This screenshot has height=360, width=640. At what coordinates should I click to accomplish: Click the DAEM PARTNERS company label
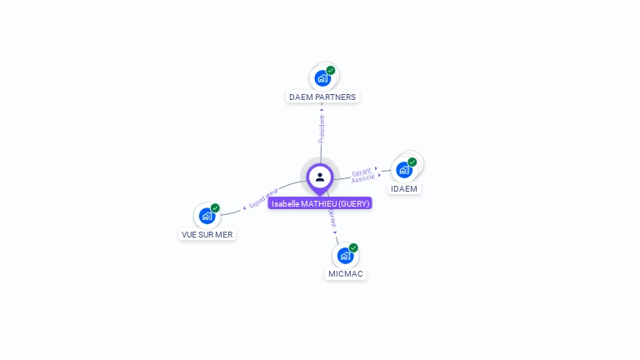point(322,97)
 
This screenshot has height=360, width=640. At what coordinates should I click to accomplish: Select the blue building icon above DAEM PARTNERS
point(322,79)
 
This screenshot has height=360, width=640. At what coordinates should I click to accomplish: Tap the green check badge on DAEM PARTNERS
point(331,71)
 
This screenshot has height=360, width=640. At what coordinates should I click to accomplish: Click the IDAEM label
point(404,188)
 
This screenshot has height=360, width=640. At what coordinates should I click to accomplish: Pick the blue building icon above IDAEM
point(404,170)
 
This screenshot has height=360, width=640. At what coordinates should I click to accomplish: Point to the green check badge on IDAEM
point(412,162)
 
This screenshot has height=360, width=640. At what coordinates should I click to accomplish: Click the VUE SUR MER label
point(207,234)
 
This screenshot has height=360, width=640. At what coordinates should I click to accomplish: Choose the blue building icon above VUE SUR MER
point(207,216)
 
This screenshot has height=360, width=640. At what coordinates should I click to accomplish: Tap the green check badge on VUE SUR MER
point(215,208)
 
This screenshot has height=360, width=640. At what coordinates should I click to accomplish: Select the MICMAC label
point(345,273)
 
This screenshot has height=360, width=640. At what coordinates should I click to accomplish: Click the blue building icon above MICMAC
point(345,256)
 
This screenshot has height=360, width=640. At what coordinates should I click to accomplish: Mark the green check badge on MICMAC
point(353,247)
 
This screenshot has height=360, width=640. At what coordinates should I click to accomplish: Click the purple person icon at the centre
point(320,177)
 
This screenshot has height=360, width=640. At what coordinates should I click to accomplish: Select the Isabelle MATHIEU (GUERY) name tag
point(320,203)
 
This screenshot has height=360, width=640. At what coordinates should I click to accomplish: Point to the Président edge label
point(322,129)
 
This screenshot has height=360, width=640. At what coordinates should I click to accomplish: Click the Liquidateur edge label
point(263,198)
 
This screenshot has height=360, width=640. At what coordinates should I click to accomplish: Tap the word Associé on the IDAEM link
point(363,179)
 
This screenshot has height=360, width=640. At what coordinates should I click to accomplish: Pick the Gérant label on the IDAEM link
point(361,172)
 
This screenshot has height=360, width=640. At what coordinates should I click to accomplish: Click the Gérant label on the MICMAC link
point(332,218)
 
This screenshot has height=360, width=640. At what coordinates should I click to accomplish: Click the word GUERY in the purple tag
point(353,203)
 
